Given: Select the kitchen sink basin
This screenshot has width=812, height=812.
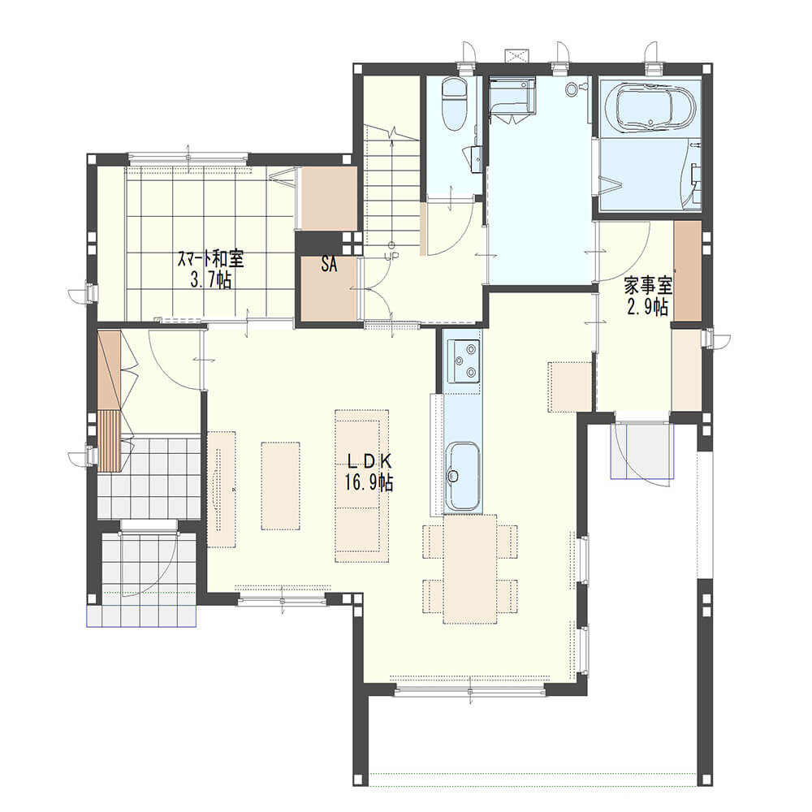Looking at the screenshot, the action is point(463,476).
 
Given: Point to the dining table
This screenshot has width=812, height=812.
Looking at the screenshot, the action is point(470,569).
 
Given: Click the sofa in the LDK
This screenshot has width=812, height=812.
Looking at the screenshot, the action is point(361,486).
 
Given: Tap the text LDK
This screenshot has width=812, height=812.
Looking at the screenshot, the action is point(369,460).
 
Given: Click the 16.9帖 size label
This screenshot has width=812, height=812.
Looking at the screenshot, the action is point(369,482).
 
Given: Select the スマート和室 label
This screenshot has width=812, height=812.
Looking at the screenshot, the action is point(211,258).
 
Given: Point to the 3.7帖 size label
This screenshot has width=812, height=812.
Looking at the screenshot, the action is point(211,280).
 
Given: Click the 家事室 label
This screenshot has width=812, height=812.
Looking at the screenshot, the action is point(647,285).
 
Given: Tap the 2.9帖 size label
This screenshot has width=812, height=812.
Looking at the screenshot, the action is point(647,308).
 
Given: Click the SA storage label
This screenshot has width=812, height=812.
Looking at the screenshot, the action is point(329,265).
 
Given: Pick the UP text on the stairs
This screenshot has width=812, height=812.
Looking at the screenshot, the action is point(391,256).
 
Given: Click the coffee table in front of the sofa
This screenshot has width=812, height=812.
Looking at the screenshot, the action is point(281,486).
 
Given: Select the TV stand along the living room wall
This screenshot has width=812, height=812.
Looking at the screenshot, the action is point(222,489).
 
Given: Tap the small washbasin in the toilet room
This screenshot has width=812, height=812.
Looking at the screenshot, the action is point(476,158).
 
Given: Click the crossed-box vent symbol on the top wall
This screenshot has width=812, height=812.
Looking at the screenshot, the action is point(516,55).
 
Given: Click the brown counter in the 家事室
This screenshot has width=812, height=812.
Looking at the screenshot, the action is point(688,271).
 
